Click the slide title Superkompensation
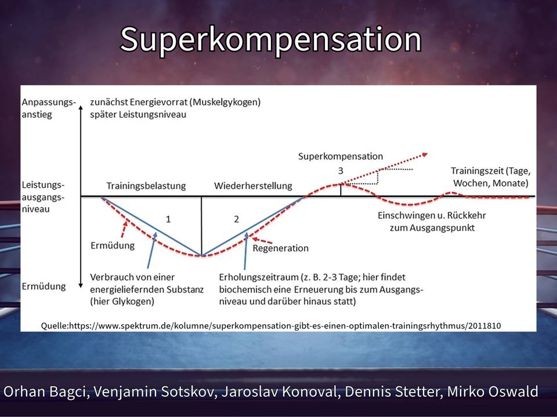point(271,41)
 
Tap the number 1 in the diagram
point(168,219)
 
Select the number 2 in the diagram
point(237,219)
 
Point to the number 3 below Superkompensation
point(341,171)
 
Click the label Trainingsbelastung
point(146,186)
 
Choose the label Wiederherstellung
point(253,186)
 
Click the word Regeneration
point(281,248)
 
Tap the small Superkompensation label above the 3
point(341,156)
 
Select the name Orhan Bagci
point(45,392)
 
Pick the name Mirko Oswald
point(493,392)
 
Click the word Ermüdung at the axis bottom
point(44,286)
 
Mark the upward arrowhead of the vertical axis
point(81,108)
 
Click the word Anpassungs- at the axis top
point(49,103)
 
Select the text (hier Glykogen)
point(122,302)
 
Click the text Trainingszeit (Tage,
point(491,171)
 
